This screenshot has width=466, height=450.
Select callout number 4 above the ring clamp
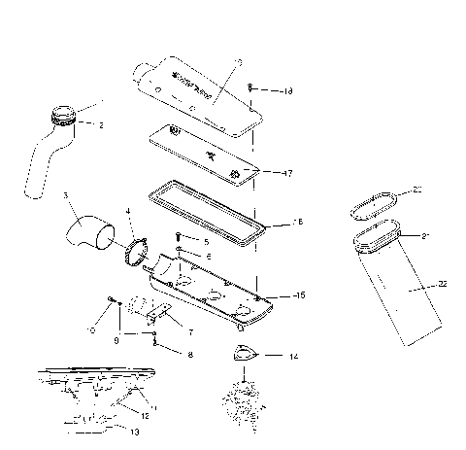(127, 211)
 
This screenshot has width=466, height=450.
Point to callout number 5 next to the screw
(206, 239)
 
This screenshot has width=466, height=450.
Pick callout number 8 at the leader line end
(190, 355)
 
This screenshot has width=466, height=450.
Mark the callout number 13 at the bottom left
(134, 431)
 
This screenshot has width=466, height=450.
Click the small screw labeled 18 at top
(250, 88)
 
